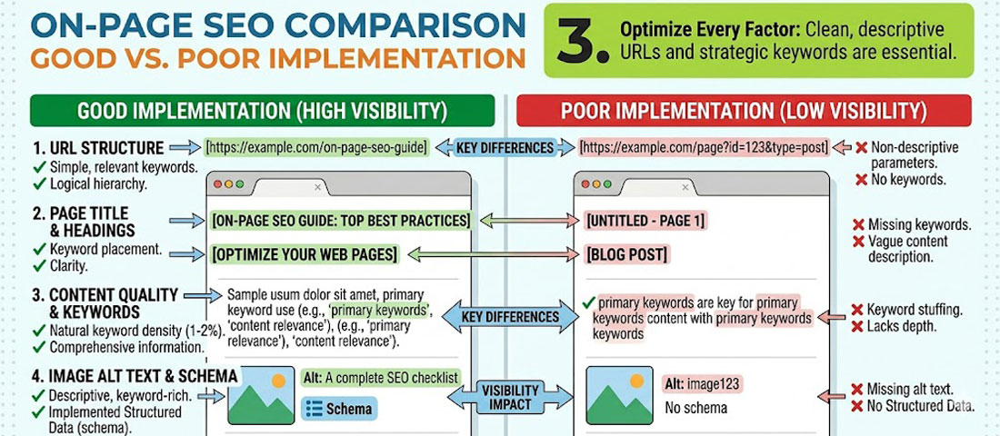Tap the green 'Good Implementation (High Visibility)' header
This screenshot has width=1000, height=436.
(x=262, y=111)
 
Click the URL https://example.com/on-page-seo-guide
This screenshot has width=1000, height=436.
(x=315, y=147)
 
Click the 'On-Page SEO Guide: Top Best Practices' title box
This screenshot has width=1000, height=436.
(x=340, y=221)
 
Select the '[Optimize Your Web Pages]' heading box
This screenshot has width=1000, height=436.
(x=304, y=254)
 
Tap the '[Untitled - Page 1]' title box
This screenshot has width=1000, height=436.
(x=646, y=221)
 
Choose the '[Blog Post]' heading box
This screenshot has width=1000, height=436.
(x=627, y=254)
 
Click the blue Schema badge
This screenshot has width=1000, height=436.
(x=339, y=408)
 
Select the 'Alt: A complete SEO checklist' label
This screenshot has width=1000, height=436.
(x=380, y=378)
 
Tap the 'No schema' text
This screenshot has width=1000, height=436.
(x=695, y=408)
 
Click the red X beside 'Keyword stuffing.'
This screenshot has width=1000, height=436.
(x=857, y=310)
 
